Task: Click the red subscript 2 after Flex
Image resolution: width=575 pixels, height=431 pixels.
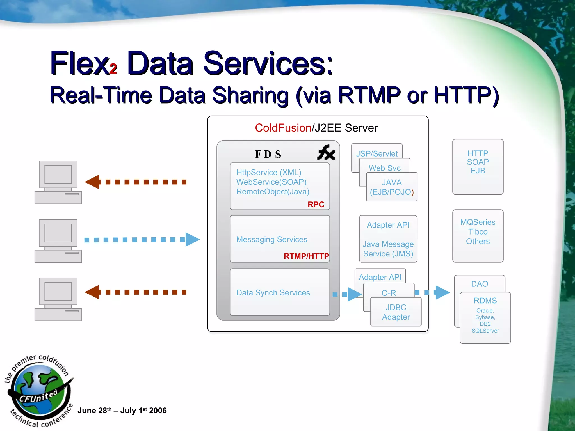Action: pyautogui.click(x=113, y=69)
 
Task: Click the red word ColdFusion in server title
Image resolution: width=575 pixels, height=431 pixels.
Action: pyautogui.click(x=283, y=128)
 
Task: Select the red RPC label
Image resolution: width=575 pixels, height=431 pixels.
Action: pyautogui.click(x=316, y=205)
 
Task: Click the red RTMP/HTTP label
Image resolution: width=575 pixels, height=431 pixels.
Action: pyautogui.click(x=306, y=256)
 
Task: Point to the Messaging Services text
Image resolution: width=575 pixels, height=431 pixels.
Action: pyautogui.click(x=271, y=239)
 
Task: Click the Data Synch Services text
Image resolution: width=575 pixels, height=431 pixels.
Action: pyautogui.click(x=273, y=293)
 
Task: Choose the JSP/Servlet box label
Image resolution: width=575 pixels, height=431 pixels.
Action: pyautogui.click(x=377, y=154)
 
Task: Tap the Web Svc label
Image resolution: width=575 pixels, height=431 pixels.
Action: pyautogui.click(x=384, y=168)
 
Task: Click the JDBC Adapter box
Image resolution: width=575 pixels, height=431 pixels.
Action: pyautogui.click(x=396, y=312)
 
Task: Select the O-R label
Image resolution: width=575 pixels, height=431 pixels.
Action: pyautogui.click(x=389, y=293)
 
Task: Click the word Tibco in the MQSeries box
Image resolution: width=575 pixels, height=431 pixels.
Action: pyautogui.click(x=478, y=232)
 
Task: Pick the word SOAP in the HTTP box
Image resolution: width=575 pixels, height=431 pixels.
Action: pyautogui.click(x=478, y=162)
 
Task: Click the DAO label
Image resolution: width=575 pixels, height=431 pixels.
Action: pyautogui.click(x=479, y=284)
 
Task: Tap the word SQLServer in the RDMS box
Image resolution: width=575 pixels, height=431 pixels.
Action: pyautogui.click(x=485, y=331)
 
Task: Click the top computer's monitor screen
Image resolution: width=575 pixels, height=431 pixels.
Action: pyautogui.click(x=58, y=174)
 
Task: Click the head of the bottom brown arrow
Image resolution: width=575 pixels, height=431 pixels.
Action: pyautogui.click(x=92, y=292)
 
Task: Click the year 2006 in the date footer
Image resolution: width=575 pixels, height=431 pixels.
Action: pyautogui.click(x=158, y=411)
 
